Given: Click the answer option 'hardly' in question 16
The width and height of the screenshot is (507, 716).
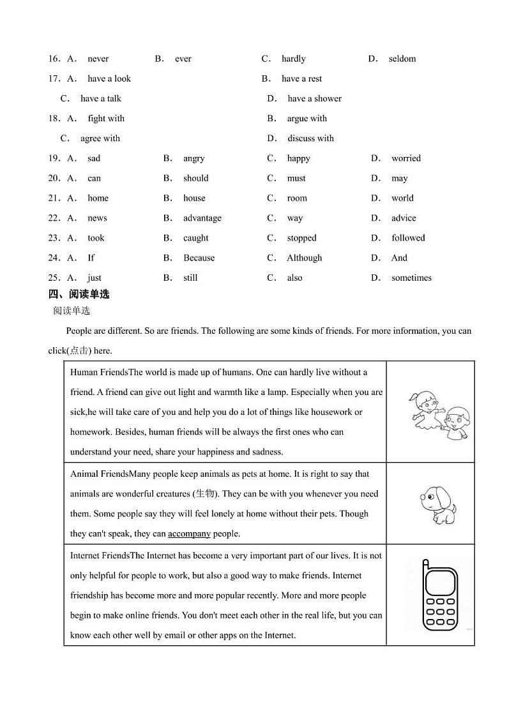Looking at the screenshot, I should pos(293,59).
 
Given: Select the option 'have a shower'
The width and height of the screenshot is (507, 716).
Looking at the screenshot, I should pos(314,98).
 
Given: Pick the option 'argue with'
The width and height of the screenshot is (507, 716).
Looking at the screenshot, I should pos(306,118).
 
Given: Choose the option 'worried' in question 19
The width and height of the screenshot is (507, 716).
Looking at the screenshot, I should pos(405,158).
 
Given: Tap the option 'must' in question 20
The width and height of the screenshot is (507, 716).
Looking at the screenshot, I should pos(296,178).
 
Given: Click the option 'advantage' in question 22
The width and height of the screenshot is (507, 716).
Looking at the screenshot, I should pos(202,218).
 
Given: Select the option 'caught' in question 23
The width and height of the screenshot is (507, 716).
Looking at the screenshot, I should pos(195,238).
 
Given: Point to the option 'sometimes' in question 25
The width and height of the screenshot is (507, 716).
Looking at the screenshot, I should pos(411,278).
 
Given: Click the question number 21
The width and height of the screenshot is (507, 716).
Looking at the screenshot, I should pos(54,198).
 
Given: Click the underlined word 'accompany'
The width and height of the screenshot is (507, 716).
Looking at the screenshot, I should pos(189,533).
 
